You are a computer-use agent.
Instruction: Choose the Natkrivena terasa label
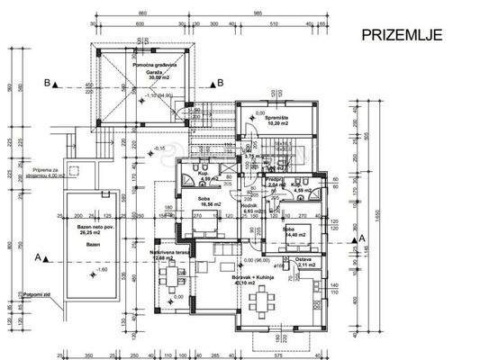(x=168, y=256)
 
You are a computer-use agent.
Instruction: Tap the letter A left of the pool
(x=37, y=257)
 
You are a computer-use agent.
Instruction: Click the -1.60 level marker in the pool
(x=81, y=270)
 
